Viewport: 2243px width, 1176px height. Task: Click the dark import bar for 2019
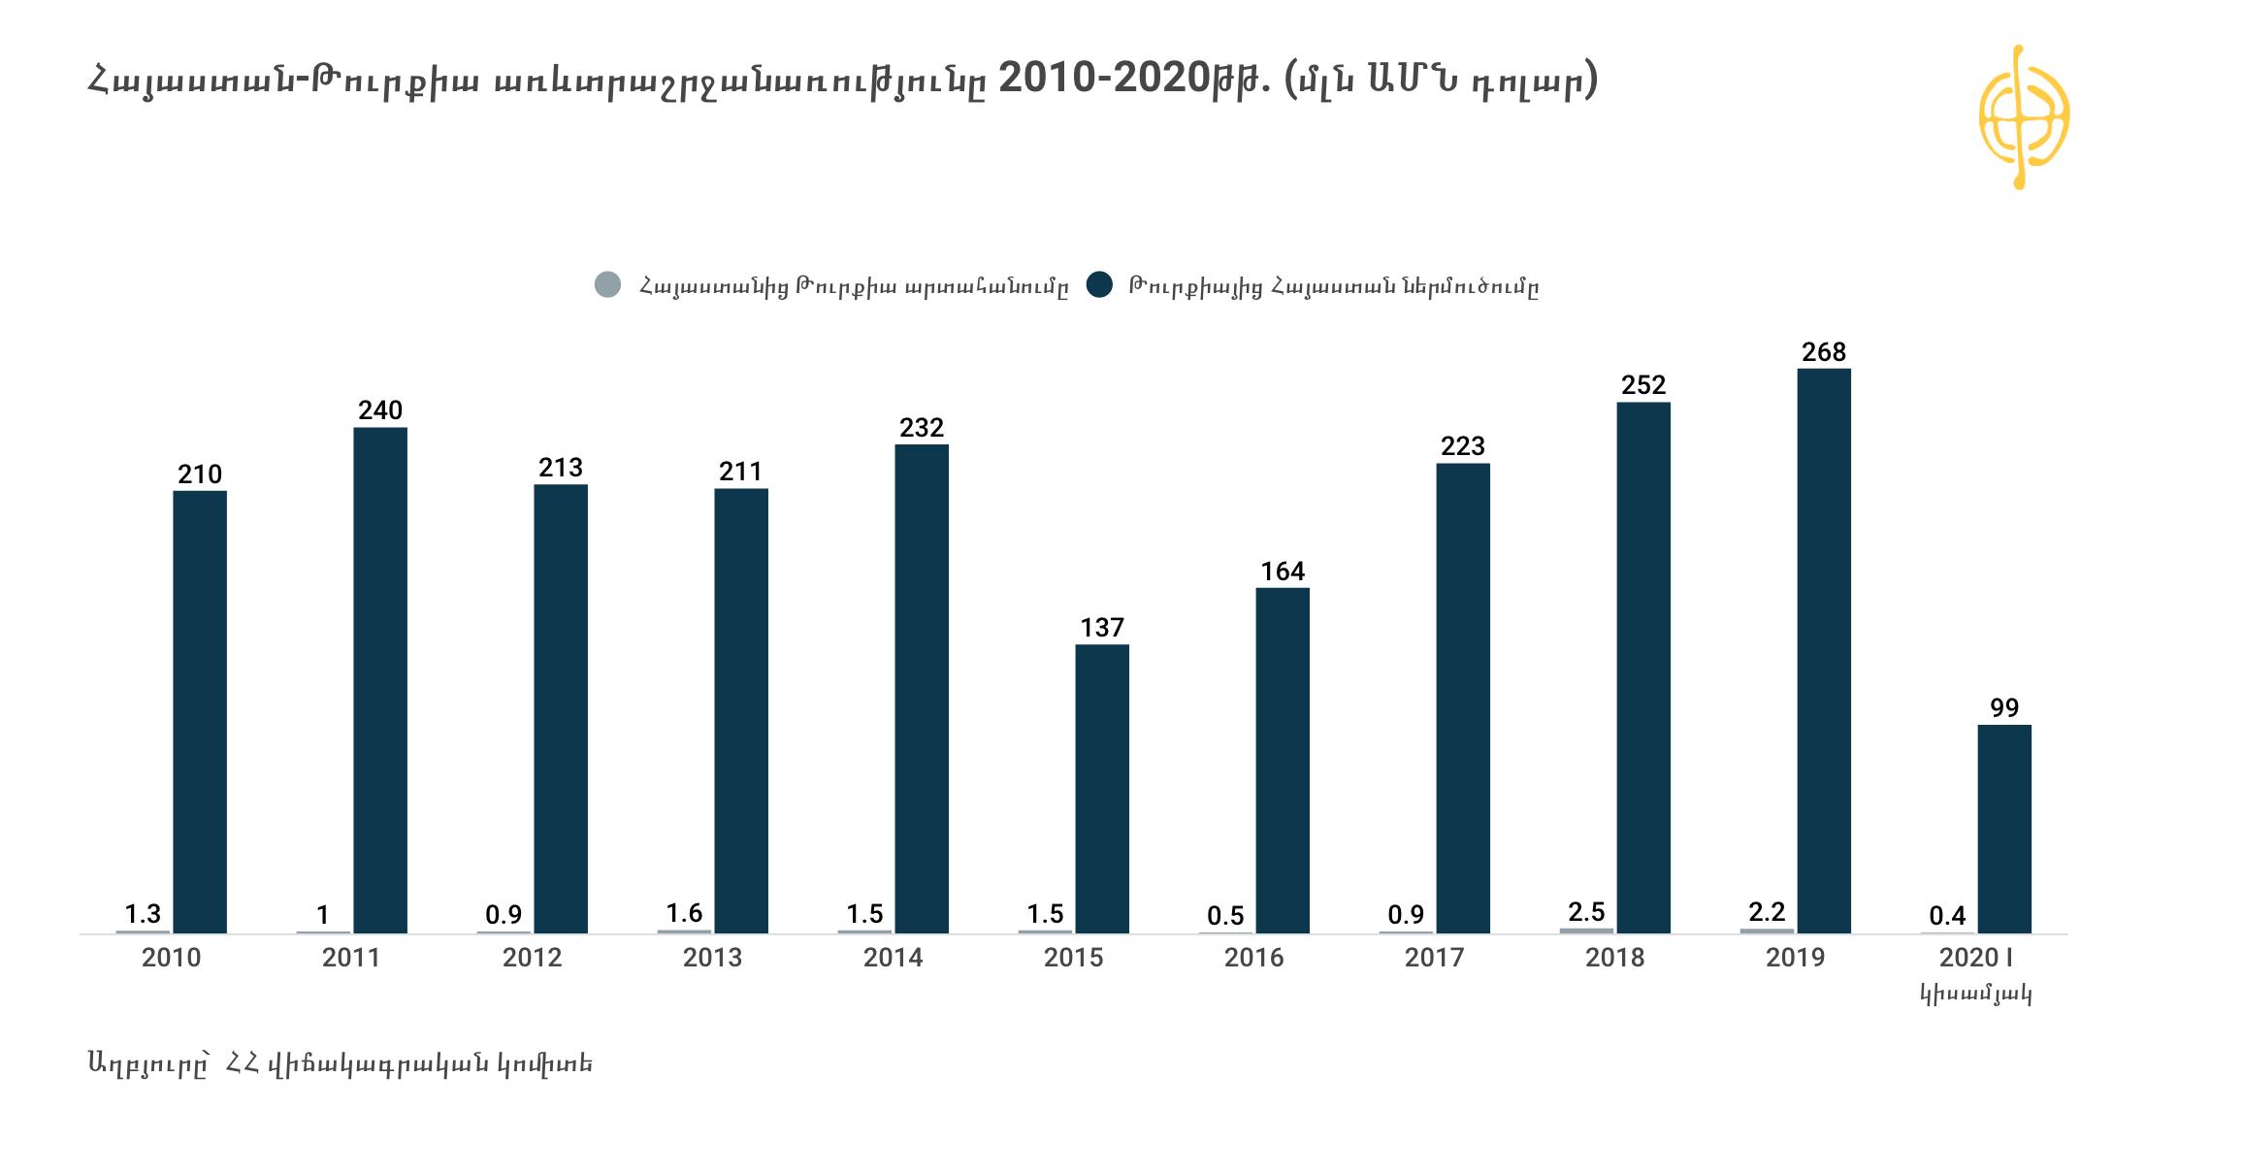(1823, 650)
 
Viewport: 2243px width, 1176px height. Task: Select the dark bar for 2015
(1101, 788)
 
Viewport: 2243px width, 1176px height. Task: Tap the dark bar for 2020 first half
(2003, 829)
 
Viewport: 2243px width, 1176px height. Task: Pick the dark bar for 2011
(379, 679)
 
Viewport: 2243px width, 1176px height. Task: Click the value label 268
(1823, 352)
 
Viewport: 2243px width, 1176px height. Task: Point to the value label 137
(1101, 628)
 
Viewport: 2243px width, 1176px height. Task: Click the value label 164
(1282, 572)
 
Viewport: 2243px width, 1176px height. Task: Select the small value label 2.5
(1586, 912)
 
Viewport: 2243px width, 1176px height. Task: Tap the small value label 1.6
(684, 913)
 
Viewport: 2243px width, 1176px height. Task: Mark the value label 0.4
(1947, 915)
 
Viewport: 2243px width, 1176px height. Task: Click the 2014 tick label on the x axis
(893, 958)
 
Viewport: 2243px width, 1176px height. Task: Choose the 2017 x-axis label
(1434, 958)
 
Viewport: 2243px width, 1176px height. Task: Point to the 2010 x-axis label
(171, 958)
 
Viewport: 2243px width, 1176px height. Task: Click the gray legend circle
(607, 285)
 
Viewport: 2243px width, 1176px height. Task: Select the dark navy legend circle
(1099, 285)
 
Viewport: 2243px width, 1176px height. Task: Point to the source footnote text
(340, 1063)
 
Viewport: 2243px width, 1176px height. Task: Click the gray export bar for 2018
(1586, 931)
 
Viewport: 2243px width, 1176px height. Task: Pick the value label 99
(2003, 708)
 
